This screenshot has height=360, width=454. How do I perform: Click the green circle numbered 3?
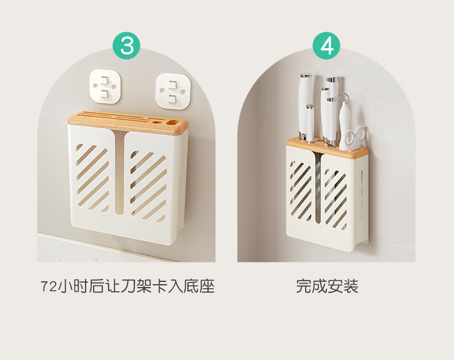point(126,46)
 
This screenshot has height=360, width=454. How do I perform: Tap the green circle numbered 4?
point(326,46)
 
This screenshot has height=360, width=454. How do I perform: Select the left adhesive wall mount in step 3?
point(105,86)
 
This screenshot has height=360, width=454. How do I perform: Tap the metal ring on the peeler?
point(343,98)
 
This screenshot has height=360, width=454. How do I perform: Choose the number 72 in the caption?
point(49,287)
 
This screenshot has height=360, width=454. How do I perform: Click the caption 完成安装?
point(327,286)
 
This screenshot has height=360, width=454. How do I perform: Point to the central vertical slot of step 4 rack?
point(318,189)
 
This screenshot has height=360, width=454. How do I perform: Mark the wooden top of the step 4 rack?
point(327,148)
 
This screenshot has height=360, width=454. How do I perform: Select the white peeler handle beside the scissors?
point(344,125)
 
